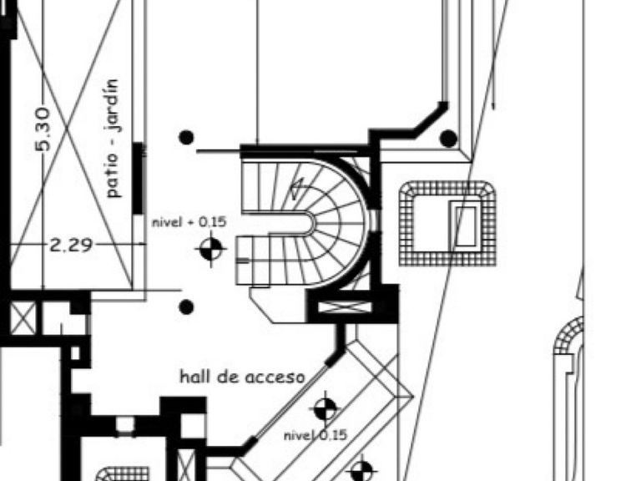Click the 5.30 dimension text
(43, 129)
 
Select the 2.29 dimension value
(71, 246)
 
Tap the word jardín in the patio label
(113, 105)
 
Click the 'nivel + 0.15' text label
(189, 222)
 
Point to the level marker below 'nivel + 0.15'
(211, 248)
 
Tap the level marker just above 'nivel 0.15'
(326, 409)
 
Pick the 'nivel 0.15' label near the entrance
(315, 435)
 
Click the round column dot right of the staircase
(448, 139)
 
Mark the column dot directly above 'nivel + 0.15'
(186, 138)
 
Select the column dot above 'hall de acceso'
(186, 306)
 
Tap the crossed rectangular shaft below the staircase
(344, 307)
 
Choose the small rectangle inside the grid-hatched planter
(465, 225)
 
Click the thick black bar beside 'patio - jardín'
(139, 178)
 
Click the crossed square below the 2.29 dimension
(23, 318)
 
